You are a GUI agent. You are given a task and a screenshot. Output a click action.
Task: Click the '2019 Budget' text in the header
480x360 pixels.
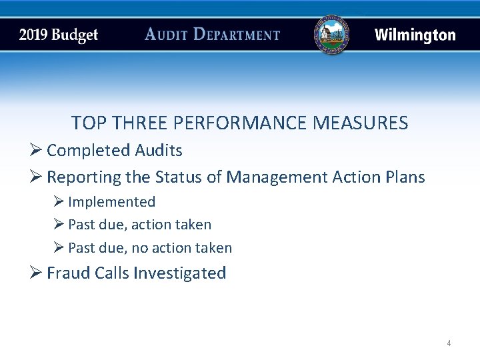point(59,35)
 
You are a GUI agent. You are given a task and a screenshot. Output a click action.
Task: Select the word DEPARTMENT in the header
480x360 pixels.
point(237,35)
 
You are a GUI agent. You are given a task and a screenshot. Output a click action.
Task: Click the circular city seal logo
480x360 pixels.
point(331,35)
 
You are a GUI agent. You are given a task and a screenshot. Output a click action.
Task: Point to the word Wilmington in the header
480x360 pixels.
point(415,35)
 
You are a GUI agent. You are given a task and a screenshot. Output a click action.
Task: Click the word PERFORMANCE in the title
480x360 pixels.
point(253,123)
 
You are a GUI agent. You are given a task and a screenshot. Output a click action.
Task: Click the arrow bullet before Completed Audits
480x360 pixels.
point(37,151)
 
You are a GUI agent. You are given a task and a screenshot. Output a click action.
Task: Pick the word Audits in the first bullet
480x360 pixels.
point(159,151)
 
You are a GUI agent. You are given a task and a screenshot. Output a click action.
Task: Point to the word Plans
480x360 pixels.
point(405,177)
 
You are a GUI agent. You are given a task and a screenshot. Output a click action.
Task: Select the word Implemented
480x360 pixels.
point(111,202)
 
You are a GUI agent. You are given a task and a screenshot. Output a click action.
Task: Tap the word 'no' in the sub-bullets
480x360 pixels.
point(140,249)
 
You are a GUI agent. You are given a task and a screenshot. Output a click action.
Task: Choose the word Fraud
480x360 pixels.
point(67,273)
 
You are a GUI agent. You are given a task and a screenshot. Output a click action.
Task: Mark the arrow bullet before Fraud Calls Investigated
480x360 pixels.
point(37,273)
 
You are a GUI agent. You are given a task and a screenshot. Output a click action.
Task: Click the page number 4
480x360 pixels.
point(449,343)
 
